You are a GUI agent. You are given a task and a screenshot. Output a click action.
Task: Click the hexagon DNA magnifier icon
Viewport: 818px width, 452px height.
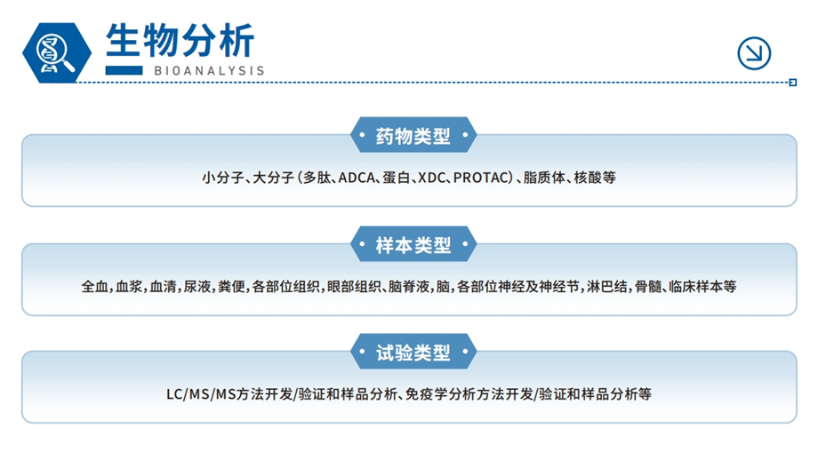57,53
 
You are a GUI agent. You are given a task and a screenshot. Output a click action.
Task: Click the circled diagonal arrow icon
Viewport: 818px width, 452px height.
754,53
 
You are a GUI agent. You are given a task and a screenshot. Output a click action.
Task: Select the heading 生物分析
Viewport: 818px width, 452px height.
180,40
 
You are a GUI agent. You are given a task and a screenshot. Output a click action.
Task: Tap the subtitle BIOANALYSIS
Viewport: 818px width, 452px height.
209,71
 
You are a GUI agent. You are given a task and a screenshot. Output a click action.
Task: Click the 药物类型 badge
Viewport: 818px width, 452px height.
413,135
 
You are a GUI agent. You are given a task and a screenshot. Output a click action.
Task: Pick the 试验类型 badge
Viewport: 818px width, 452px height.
413,352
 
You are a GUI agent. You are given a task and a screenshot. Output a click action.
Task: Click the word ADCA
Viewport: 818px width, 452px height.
357,178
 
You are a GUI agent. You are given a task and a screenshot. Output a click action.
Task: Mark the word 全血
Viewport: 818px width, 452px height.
95,287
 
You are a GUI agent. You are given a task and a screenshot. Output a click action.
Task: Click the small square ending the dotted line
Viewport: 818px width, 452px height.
793,83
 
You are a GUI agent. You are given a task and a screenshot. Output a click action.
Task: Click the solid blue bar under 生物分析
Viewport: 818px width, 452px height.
124,70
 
